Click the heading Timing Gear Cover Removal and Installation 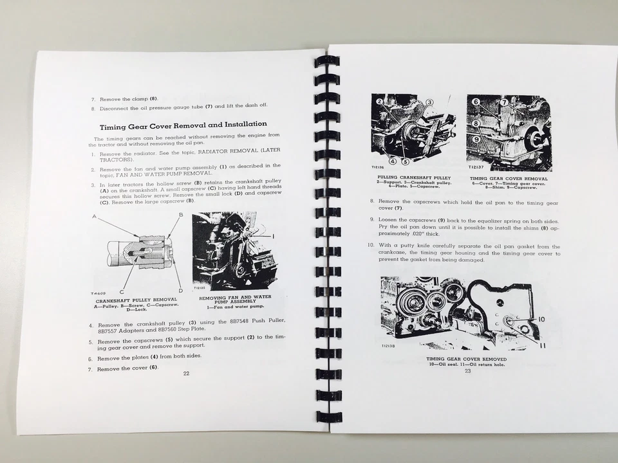pos(183,124)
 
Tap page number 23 pos(467,370)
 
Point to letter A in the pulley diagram pos(95,217)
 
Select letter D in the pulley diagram pos(180,291)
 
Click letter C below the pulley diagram pos(122,291)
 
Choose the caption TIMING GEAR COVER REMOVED pos(466,359)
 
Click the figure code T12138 pos(388,346)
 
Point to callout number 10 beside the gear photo pos(541,319)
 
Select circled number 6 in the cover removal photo pos(476,102)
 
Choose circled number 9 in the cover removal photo pos(476,138)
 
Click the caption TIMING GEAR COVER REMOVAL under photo pos(509,179)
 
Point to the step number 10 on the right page pos(370,246)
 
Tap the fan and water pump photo pos(235,251)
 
